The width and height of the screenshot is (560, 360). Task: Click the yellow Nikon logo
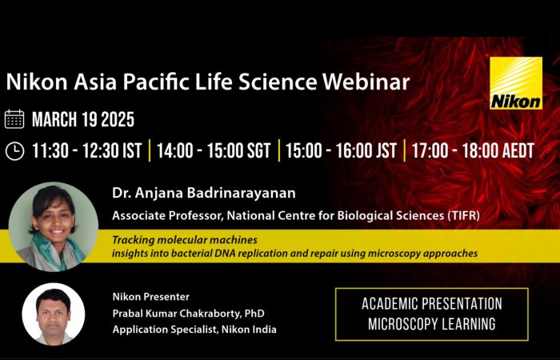point(516,83)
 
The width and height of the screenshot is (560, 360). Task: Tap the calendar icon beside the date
point(14,119)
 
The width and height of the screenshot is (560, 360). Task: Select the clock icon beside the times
point(14,151)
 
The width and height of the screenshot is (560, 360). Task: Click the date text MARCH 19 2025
point(83,120)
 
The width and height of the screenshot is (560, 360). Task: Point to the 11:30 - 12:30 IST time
point(87,151)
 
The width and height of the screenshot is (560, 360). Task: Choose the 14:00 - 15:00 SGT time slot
point(214,151)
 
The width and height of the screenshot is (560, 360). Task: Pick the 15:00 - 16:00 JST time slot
point(341,151)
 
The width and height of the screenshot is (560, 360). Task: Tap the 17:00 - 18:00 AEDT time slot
point(473,151)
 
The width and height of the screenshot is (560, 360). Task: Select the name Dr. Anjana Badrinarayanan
point(204,193)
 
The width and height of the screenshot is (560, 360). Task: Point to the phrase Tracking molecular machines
point(185,240)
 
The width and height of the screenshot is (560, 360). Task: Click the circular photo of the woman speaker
point(54,226)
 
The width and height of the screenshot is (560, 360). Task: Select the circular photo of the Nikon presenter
point(54,314)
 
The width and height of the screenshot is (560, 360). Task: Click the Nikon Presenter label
point(151,297)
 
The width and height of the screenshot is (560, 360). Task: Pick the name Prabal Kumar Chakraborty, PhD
point(189,314)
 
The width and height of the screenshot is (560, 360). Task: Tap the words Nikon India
point(249,330)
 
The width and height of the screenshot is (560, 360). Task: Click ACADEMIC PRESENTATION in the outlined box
point(432,304)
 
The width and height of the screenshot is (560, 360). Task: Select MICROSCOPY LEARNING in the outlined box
point(432,324)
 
